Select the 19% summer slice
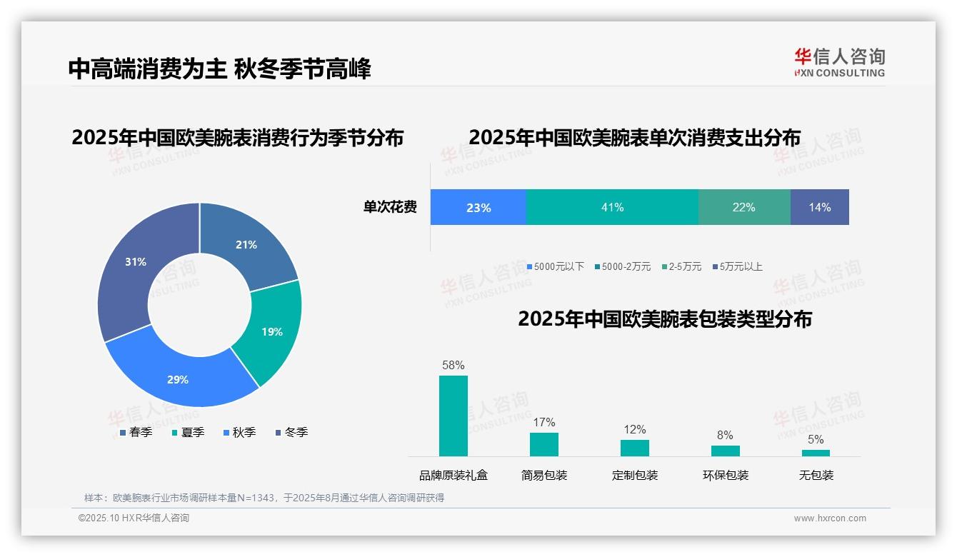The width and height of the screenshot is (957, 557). [271, 331]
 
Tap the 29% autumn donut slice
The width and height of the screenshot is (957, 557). [178, 379]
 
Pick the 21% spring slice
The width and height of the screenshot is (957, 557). [246, 245]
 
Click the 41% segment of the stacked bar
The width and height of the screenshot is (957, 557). [612, 207]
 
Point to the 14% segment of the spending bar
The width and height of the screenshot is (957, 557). [820, 207]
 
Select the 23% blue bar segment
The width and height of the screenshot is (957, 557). [478, 207]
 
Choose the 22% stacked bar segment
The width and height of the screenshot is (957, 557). [744, 207]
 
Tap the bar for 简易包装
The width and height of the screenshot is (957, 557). [544, 444]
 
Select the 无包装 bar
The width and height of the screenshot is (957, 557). [816, 453]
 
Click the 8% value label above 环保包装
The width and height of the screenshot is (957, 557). [725, 436]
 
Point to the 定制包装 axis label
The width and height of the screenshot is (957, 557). [635, 475]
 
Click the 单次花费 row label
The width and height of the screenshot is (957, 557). [390, 207]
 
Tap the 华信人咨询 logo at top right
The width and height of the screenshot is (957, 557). [839, 62]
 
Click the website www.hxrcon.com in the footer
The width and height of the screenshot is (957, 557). [830, 518]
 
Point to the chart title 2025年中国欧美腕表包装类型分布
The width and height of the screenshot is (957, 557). [665, 319]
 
